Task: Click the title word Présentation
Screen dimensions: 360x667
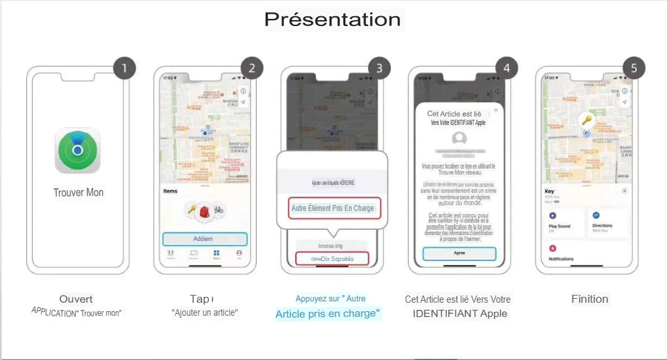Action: coord(332,20)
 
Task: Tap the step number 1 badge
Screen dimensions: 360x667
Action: coord(124,68)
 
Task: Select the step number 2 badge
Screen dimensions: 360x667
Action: coord(252,68)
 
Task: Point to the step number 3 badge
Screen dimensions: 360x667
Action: coord(379,68)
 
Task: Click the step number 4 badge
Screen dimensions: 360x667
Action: coord(507,68)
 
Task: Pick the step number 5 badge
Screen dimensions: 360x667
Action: coord(634,68)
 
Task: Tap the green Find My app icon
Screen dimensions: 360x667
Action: coord(78,150)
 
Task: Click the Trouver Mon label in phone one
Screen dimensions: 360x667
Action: coord(78,193)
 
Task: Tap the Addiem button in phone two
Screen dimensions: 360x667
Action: coord(205,239)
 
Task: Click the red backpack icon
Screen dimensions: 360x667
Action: coord(205,210)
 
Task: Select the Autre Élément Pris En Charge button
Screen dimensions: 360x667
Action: coord(332,208)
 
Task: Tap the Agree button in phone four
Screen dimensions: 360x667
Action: coord(459,253)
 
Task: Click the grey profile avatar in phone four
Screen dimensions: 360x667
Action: coord(459,139)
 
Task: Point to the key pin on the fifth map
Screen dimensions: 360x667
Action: coord(587,119)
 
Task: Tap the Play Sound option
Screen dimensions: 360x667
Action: coord(560,226)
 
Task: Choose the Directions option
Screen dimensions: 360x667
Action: coord(603,226)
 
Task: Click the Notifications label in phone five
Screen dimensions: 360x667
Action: coord(561,259)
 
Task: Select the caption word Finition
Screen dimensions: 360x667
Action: coord(589,299)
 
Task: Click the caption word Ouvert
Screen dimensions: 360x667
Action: coord(76,299)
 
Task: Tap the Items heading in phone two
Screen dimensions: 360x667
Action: coord(171,191)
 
